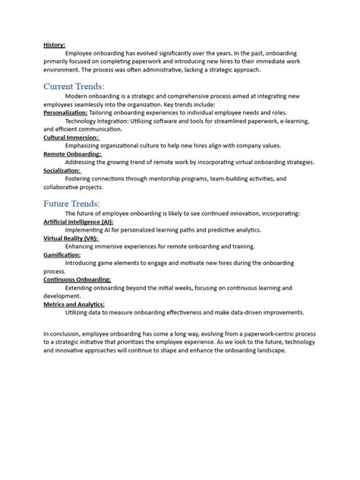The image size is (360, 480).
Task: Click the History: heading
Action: tap(54, 46)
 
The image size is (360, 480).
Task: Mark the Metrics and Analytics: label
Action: tap(74, 304)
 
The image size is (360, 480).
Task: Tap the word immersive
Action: tap(108, 246)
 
